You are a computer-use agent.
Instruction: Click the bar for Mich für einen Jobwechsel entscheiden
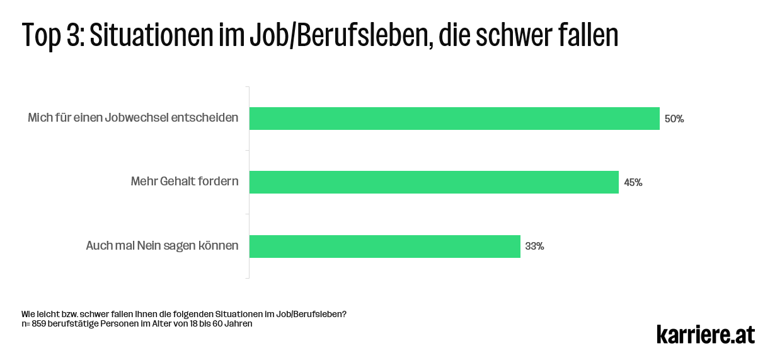(454, 119)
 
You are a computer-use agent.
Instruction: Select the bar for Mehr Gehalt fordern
(434, 182)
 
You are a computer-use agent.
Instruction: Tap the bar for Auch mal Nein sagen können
(384, 246)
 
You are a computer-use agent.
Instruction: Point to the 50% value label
(674, 119)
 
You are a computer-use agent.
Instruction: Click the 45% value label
(633, 183)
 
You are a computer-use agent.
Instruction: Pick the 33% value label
(534, 247)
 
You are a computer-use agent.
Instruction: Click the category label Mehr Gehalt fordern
(185, 182)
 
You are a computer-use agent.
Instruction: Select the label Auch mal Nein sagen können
(162, 246)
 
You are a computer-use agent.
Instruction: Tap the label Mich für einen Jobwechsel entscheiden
(133, 119)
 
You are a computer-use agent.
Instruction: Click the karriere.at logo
(705, 334)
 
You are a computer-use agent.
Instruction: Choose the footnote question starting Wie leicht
(183, 314)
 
